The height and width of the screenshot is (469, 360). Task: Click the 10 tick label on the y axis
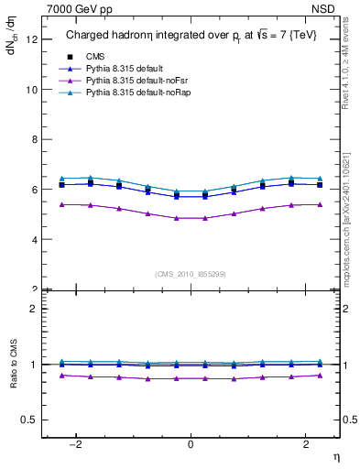pos(33,90)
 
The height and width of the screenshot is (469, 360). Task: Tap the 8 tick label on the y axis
pos(35,140)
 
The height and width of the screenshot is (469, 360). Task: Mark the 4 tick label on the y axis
pos(35,240)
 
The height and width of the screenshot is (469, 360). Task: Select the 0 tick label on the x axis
pos(191,443)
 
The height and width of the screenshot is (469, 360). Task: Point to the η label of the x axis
pos(334,455)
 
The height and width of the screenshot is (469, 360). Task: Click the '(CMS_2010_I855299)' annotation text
pos(191,274)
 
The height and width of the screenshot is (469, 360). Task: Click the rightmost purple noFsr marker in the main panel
pos(319,204)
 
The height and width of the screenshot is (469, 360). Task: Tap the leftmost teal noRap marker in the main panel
pos(61,179)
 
